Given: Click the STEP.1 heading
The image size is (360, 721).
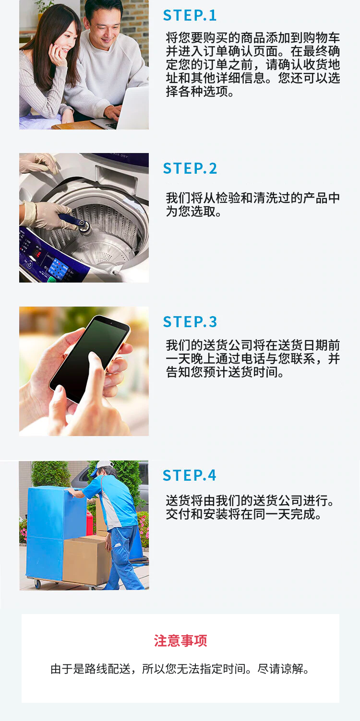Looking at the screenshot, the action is tap(190, 15).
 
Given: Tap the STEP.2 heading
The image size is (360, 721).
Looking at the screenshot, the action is tap(190, 168).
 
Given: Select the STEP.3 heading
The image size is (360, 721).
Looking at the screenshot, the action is tap(190, 321).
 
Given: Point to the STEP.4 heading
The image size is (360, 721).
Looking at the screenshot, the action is tap(189, 475).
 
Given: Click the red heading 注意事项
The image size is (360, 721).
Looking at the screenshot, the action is tap(180, 640).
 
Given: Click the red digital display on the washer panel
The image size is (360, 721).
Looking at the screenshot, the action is tap(37, 253).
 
